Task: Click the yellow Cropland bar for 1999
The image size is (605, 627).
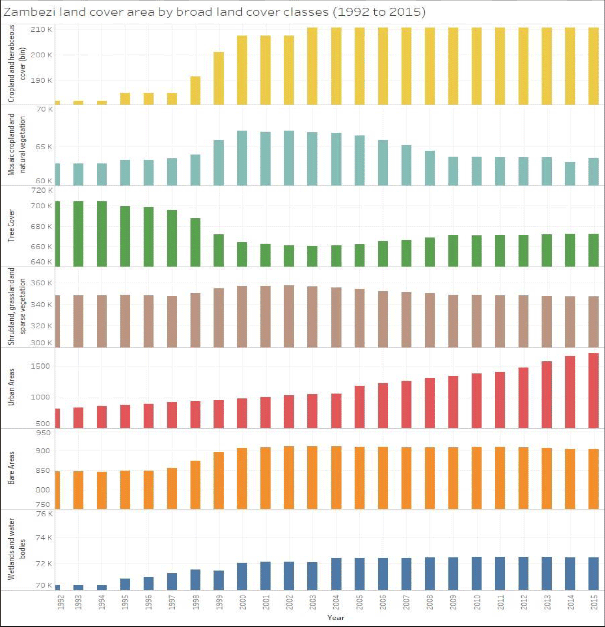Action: tap(219, 78)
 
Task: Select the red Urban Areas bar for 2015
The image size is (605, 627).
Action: tap(594, 391)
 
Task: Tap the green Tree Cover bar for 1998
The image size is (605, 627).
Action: tap(195, 242)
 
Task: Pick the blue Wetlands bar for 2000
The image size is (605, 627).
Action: tap(242, 576)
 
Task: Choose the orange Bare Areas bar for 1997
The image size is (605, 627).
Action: tap(172, 488)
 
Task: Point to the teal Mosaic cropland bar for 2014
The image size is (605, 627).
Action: tap(570, 174)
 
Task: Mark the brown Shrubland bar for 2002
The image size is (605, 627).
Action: tap(289, 316)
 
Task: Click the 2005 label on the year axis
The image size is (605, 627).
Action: tap(359, 602)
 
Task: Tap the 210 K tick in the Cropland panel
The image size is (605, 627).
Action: tap(41, 30)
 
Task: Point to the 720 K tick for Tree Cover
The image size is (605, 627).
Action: tap(41, 190)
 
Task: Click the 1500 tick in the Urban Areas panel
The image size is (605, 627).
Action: tap(40, 366)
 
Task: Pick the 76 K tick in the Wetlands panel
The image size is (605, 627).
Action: tap(44, 514)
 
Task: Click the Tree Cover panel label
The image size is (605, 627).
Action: tap(11, 225)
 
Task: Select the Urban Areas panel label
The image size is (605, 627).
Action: tap(11, 387)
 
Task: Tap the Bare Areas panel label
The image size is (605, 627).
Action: tap(11, 468)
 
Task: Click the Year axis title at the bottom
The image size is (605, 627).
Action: tap(335, 617)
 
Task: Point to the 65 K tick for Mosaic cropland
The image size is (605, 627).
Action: tap(44, 147)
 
